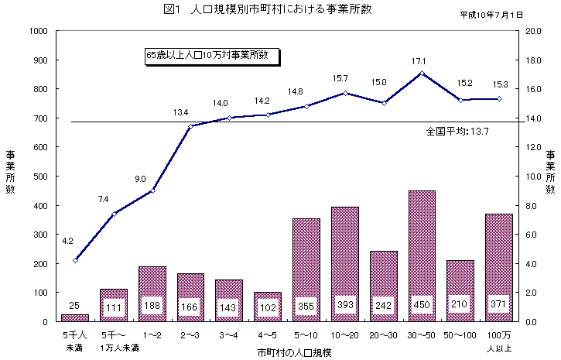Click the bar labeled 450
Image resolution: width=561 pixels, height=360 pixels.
click(422, 255)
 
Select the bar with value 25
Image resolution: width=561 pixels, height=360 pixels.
click(75, 317)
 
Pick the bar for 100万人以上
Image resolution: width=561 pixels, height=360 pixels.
click(499, 267)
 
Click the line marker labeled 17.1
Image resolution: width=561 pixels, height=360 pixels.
click(422, 73)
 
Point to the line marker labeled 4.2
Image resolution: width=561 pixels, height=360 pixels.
click(75, 260)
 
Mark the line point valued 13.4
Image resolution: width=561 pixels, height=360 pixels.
click(190, 126)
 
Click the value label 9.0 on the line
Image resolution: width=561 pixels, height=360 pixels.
click(141, 179)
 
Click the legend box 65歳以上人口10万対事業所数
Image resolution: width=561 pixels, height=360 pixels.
click(212, 56)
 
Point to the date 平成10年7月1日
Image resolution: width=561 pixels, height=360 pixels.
click(491, 15)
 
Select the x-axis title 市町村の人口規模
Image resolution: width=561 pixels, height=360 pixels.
click(295, 352)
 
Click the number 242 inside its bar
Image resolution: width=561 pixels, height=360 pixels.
click(383, 303)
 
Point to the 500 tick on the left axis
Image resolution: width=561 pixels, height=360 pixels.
click(41, 176)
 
